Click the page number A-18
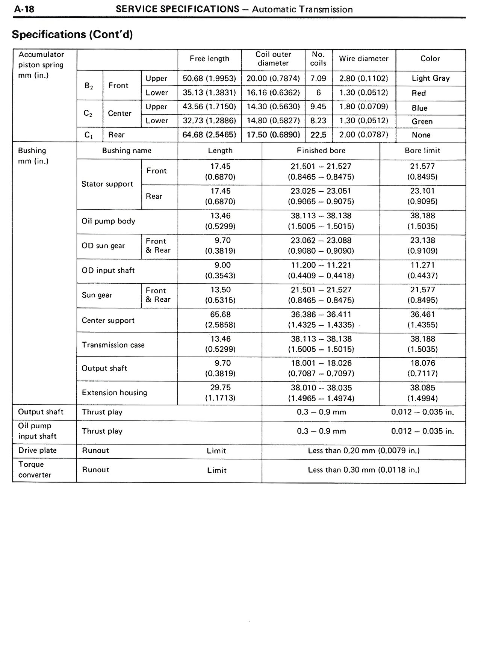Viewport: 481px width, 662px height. click(x=24, y=9)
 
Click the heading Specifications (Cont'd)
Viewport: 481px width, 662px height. click(x=73, y=34)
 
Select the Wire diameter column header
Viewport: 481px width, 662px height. click(x=363, y=59)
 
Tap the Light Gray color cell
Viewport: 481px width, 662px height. click(x=430, y=78)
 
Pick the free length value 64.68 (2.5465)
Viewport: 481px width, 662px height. click(x=209, y=135)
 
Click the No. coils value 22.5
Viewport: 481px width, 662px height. click(x=318, y=135)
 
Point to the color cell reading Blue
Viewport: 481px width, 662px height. click(x=419, y=108)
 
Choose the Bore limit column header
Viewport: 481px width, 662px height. click(x=422, y=151)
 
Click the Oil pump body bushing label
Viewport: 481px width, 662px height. click(x=108, y=221)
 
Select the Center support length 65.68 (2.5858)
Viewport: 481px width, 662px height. click(x=220, y=320)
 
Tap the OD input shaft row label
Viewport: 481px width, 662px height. click(x=108, y=271)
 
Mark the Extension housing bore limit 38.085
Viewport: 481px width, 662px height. click(x=422, y=388)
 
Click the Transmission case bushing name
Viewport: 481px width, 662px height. click(x=113, y=345)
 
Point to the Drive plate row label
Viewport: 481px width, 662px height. click(x=37, y=450)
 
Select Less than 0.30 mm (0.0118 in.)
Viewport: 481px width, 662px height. click(x=363, y=470)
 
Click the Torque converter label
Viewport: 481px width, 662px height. click(x=35, y=470)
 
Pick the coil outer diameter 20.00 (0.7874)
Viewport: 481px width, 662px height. click(x=273, y=79)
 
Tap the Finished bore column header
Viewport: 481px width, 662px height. click(x=321, y=151)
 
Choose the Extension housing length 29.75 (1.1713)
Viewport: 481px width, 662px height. click(x=220, y=393)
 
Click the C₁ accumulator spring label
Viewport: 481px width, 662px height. click(x=89, y=135)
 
